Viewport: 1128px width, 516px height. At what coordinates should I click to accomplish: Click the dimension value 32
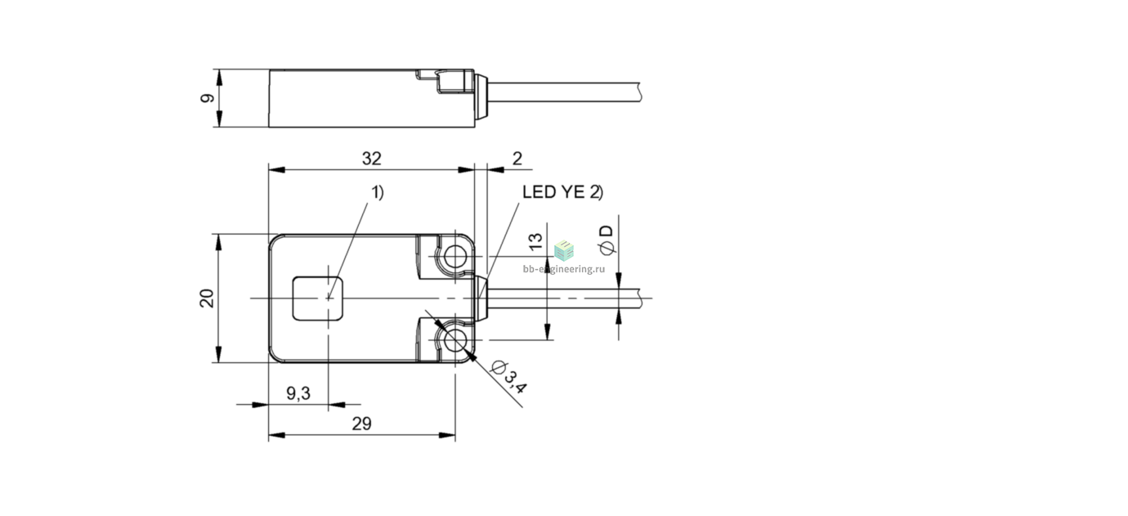(x=372, y=159)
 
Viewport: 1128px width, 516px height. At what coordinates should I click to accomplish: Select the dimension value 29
(x=361, y=424)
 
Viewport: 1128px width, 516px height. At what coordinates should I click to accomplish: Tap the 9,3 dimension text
(x=298, y=393)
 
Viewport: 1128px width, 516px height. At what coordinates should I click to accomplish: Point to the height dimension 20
(x=207, y=298)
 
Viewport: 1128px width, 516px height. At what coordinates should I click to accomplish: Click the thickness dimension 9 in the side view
(x=208, y=98)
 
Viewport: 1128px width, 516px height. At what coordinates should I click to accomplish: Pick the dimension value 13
(x=536, y=241)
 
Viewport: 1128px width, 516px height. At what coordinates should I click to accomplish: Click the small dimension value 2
(x=517, y=159)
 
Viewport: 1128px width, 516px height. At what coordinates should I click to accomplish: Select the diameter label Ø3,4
(x=508, y=377)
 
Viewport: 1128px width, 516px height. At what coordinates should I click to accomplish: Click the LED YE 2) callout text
(x=562, y=192)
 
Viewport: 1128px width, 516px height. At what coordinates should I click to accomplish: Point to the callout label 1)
(x=378, y=192)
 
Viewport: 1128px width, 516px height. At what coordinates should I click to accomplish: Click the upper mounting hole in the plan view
(x=455, y=257)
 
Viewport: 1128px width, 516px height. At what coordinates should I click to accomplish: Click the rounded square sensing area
(x=318, y=298)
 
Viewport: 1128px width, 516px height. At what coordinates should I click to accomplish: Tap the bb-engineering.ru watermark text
(x=563, y=269)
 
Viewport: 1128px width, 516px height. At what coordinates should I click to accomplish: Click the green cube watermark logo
(x=564, y=250)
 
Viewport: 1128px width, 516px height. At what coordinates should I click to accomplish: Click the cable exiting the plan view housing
(x=564, y=298)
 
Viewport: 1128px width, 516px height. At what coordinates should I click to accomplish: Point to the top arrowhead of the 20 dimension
(x=218, y=242)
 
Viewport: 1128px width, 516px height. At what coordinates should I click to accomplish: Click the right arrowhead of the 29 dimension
(x=447, y=435)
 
